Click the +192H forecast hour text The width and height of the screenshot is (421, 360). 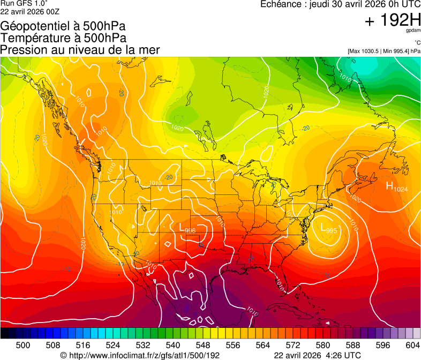click(x=393, y=21)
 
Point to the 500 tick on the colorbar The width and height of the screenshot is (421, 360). click(x=23, y=345)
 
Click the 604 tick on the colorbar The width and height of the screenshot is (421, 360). click(x=413, y=345)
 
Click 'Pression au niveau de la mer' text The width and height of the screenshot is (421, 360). click(x=80, y=50)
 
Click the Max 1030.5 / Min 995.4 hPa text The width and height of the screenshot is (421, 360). click(x=384, y=51)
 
